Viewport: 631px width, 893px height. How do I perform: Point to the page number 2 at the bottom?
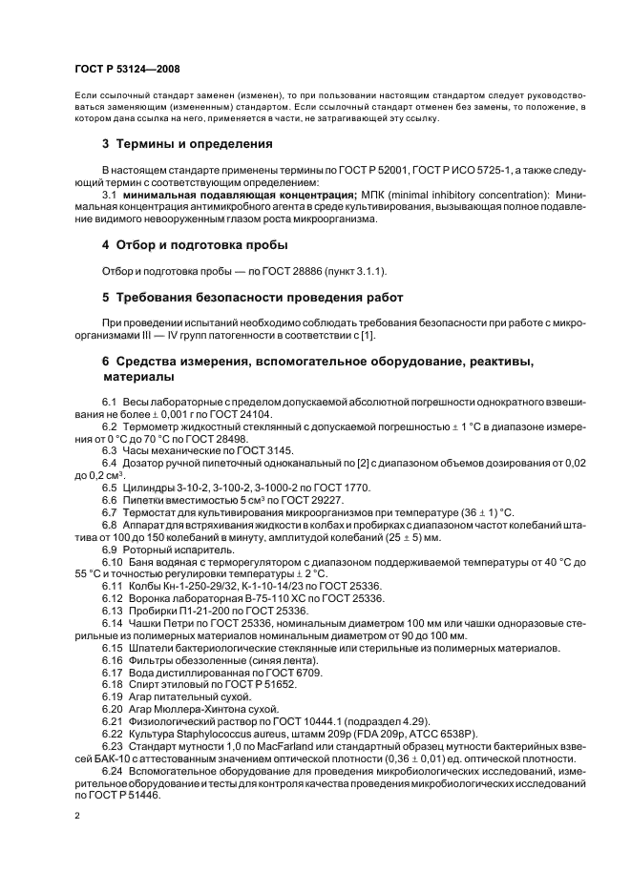click(x=77, y=817)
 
